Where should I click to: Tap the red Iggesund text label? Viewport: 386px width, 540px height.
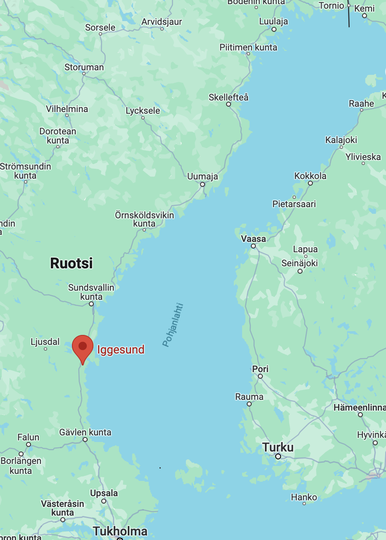(x=121, y=350)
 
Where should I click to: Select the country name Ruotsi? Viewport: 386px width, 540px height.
(x=71, y=263)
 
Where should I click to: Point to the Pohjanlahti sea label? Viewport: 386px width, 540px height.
(x=173, y=325)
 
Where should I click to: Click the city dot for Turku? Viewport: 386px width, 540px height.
(x=278, y=456)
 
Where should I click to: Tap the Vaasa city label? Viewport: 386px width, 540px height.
(x=253, y=239)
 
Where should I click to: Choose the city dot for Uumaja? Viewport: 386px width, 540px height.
(x=203, y=184)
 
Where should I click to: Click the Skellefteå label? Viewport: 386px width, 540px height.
(x=228, y=97)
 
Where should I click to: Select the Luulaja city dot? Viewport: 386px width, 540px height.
(x=274, y=29)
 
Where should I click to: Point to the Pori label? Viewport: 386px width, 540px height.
(x=260, y=369)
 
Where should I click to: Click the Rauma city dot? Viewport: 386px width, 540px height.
(x=249, y=404)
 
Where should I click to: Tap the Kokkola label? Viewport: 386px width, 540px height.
(x=310, y=176)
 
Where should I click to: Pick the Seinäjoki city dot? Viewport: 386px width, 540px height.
(x=300, y=271)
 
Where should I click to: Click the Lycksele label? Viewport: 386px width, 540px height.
(x=143, y=110)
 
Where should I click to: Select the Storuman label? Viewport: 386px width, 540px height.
(x=84, y=67)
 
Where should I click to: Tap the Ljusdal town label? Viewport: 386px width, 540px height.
(x=45, y=342)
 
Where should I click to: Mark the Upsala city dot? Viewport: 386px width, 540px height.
(x=104, y=501)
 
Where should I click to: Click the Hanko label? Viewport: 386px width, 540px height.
(x=304, y=497)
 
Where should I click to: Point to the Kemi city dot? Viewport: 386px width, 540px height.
(x=365, y=16)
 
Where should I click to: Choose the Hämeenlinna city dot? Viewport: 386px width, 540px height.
(x=360, y=415)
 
